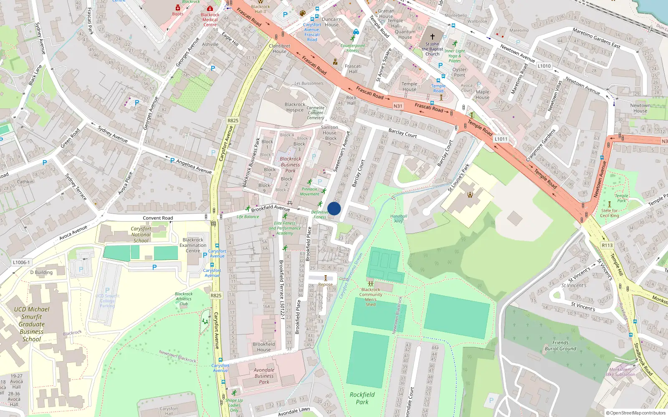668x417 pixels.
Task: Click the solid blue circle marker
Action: [x=334, y=208]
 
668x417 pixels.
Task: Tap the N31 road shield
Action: [x=398, y=106]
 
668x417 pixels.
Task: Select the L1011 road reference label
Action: [x=501, y=139]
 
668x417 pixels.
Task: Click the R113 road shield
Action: [x=607, y=245]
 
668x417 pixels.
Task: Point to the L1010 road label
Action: [x=544, y=66]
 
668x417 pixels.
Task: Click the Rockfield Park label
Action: [x=362, y=398]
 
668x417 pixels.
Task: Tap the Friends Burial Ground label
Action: [x=560, y=345]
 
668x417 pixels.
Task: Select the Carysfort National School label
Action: [x=141, y=234]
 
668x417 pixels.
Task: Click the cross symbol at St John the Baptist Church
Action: [x=433, y=36]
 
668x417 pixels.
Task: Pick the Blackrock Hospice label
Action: [x=295, y=107]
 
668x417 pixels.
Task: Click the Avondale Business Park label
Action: [x=264, y=376]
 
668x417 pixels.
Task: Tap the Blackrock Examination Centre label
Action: [x=193, y=245]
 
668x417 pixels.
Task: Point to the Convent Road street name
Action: [x=158, y=218]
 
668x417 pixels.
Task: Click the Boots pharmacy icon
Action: [x=178, y=8]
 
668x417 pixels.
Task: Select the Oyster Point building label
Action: [x=459, y=72]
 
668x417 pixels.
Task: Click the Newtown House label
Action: [x=640, y=108]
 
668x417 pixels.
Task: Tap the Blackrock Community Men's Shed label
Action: [x=371, y=296]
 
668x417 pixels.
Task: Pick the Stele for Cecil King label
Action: [x=610, y=213]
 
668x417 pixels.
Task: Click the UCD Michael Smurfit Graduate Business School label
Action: [x=32, y=324]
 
